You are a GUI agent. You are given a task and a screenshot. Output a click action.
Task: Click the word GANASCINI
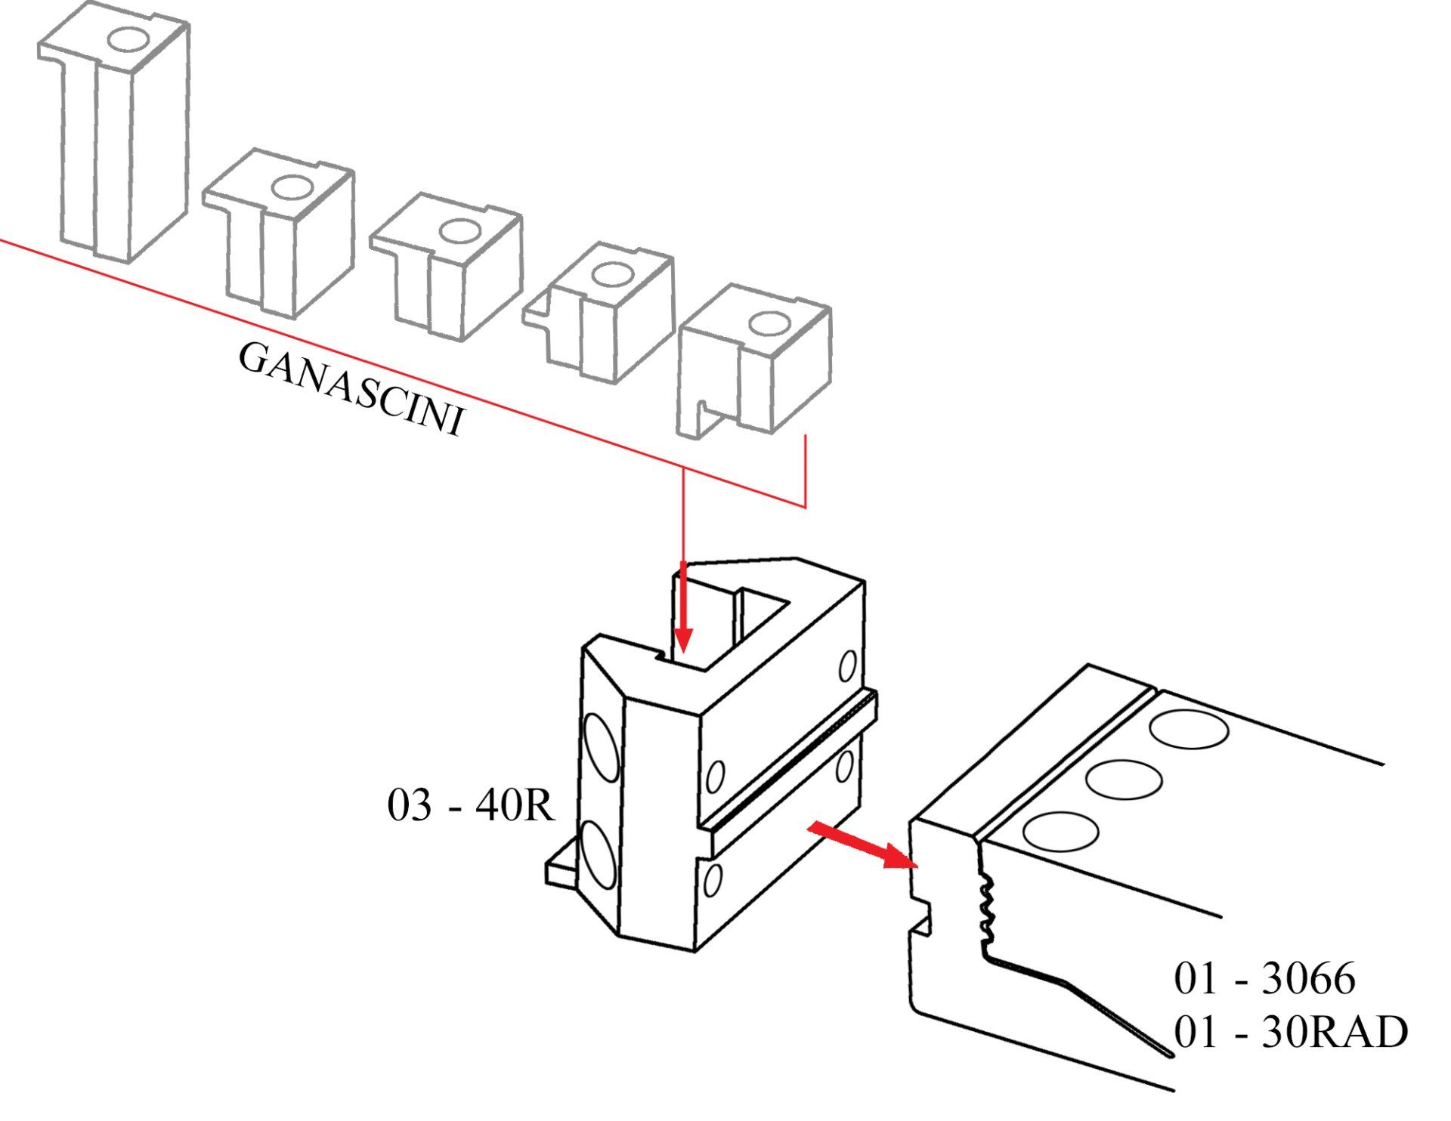350,389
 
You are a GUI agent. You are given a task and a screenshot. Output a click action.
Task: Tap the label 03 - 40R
471,805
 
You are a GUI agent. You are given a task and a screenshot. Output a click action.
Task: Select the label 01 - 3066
1264,978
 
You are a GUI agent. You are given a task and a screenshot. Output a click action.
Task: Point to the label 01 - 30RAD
1291,1032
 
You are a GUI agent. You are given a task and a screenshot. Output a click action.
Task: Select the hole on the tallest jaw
133,40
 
